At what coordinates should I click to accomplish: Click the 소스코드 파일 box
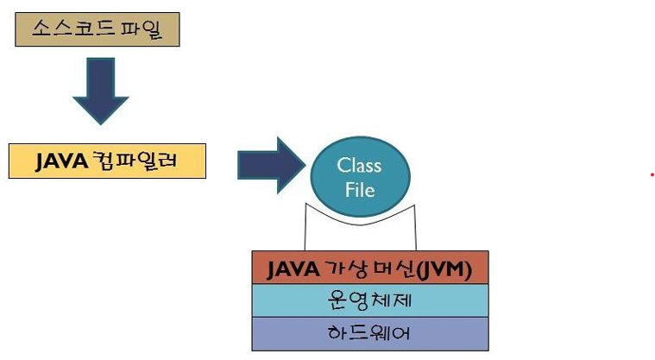[x=97, y=30]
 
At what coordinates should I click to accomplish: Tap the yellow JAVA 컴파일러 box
[x=107, y=161]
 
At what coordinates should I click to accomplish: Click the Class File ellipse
[x=359, y=176]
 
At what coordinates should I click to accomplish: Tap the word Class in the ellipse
[x=359, y=165]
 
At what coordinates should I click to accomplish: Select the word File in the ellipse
[x=360, y=188]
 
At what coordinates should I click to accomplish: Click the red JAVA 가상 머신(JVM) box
[x=370, y=268]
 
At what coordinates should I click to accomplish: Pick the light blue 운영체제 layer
[x=370, y=300]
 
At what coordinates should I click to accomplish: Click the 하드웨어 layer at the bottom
[x=370, y=332]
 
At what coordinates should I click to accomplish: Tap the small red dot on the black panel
[x=652, y=175]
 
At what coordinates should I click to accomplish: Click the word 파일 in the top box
[x=143, y=30]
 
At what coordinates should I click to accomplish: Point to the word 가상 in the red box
[x=341, y=268]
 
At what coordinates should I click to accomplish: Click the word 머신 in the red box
[x=392, y=268]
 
